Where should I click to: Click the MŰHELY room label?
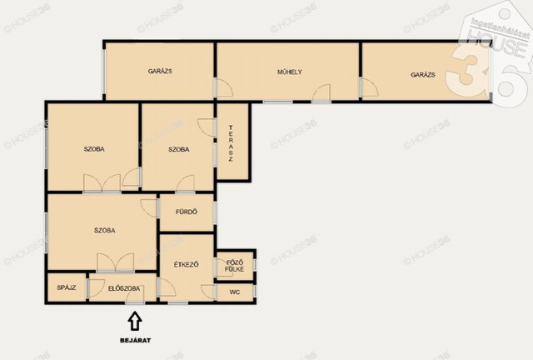point(290,72)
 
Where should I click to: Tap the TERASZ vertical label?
point(231,143)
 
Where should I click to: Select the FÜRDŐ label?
point(187,212)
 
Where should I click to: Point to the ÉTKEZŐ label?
point(187,264)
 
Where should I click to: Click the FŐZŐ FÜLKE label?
point(235,266)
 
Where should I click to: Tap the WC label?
point(235,292)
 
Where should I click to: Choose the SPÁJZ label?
point(67,287)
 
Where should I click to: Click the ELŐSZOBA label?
point(124,288)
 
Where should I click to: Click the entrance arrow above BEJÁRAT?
point(135,321)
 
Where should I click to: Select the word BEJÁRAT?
point(135,340)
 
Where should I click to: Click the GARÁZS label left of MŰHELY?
point(160,71)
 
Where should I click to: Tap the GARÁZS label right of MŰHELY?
point(423,75)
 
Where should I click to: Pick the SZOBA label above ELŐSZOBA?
point(105,230)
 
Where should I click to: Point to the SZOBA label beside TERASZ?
point(179,149)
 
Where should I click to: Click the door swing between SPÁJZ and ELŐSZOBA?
point(97,287)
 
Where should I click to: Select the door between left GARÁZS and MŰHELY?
point(225,88)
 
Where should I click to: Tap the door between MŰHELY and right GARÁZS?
point(370,87)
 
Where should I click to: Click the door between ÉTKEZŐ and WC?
point(209,292)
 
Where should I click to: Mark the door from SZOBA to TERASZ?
point(207,127)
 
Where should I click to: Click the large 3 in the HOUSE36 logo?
point(467,71)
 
